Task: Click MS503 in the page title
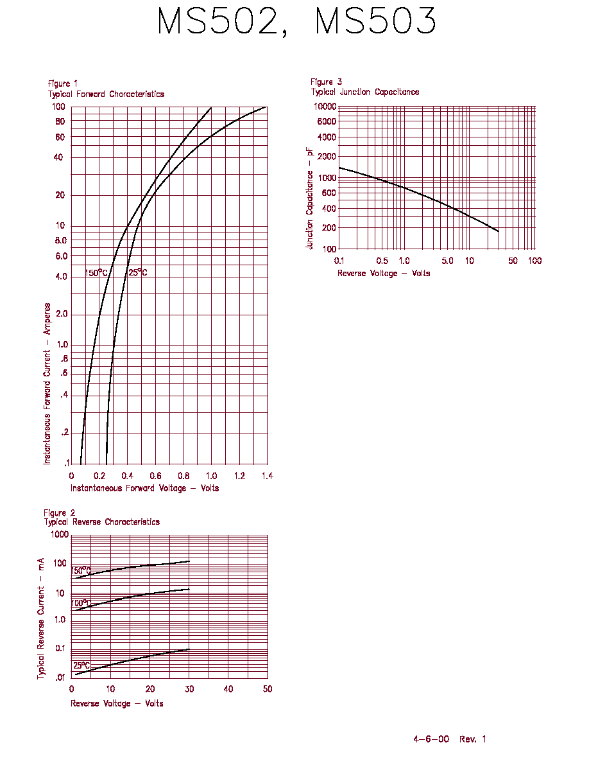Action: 375,21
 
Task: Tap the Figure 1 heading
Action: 63,83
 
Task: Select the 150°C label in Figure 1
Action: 96,272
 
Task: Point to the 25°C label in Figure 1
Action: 137,272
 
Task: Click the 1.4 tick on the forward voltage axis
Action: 268,476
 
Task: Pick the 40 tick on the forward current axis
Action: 58,157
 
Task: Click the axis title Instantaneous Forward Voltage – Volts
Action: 145,488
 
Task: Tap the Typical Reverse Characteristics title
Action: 102,522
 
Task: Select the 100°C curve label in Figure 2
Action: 81,603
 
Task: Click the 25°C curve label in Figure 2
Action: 81,665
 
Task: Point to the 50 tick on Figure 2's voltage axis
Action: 268,689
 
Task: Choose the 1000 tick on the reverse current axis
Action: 60,534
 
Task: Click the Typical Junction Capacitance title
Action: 365,92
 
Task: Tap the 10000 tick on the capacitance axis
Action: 325,107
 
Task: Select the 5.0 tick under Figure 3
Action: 448,261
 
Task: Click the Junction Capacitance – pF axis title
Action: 309,198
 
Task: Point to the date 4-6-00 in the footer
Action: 431,739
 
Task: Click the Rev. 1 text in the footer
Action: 473,739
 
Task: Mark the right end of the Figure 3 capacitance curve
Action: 499,231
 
